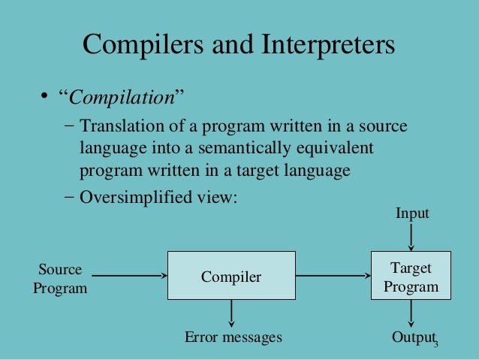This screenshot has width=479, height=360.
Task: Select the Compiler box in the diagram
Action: [x=230, y=277]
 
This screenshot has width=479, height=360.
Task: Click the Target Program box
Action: [x=411, y=277]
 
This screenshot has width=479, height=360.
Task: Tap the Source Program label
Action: [x=60, y=278]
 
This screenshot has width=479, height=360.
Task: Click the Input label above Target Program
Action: [x=412, y=214]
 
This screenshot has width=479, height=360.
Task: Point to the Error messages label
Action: [x=233, y=337]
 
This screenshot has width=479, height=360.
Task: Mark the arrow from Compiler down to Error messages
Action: [x=231, y=313]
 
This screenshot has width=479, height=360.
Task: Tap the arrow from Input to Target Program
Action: [x=411, y=237]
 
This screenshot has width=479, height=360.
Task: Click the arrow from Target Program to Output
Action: [x=411, y=313]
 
